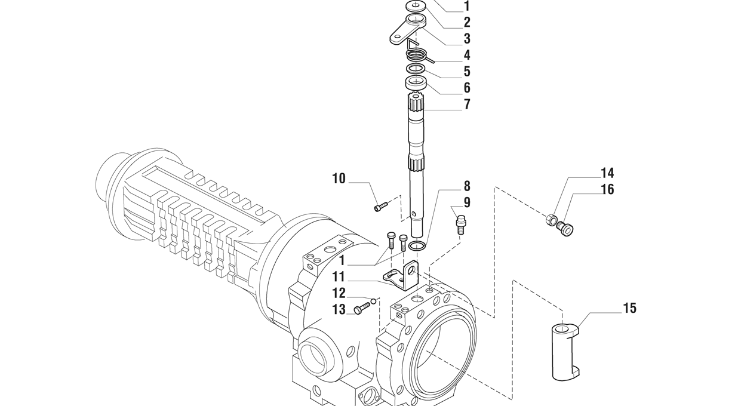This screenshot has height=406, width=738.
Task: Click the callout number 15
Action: click(629, 309)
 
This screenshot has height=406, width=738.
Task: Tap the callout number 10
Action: click(339, 179)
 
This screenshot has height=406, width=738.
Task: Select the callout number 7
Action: click(467, 104)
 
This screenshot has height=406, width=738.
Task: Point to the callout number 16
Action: click(607, 189)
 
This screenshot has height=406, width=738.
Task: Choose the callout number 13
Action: click(339, 310)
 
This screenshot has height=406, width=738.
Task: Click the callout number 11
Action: click(339, 277)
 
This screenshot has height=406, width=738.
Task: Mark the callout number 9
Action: click(467, 202)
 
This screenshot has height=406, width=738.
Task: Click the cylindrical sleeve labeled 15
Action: click(565, 352)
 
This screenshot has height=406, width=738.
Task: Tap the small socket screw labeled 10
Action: click(381, 207)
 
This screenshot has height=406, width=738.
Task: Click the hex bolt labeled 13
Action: click(362, 308)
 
